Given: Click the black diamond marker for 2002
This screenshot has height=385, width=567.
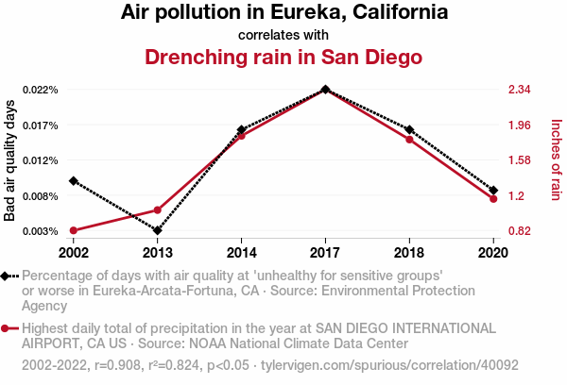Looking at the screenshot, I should pos(74,180).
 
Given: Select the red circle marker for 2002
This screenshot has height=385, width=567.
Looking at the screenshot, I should pos(74,230).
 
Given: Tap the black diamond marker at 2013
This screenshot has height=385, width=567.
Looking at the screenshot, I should pos(158,230).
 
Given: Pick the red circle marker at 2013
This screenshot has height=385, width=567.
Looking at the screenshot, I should pos(158,209).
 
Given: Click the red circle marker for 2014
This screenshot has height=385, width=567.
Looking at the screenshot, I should pos(242,136).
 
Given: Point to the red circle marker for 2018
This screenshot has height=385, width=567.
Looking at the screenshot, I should pos(409,140).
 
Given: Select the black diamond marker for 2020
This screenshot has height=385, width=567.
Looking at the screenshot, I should pos(493,191).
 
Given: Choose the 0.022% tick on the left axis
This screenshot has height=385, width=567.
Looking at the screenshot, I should pos(41,90).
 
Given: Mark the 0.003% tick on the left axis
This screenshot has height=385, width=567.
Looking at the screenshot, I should pos(41,231).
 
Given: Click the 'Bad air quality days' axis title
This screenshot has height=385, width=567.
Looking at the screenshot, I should pos(10,160).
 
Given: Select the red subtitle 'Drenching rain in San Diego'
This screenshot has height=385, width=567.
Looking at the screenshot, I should pos(283,57).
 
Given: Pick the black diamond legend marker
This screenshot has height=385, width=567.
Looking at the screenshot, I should pos(9,276).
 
